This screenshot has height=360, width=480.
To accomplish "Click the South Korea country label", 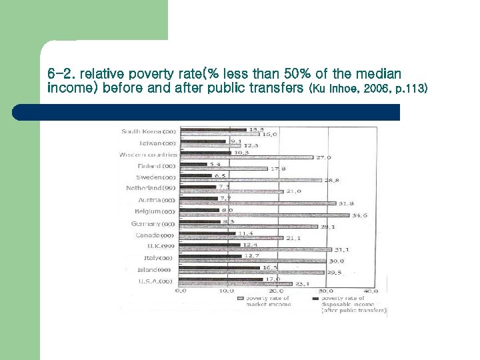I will (x=149, y=131).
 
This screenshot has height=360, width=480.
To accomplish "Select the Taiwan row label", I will (x=157, y=143).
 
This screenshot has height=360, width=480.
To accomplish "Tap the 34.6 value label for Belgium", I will (x=360, y=215).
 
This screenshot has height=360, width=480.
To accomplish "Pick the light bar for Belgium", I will (x=265, y=215).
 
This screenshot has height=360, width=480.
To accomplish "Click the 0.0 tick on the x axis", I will (x=181, y=291).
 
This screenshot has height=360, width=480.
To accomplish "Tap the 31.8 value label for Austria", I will (x=347, y=203).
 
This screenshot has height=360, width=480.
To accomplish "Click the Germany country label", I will (x=153, y=224).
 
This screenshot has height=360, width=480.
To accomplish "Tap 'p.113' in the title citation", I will (x=412, y=89).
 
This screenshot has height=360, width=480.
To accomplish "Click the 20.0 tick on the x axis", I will (x=275, y=291).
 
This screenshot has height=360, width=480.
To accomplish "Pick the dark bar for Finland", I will (x=193, y=164).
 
